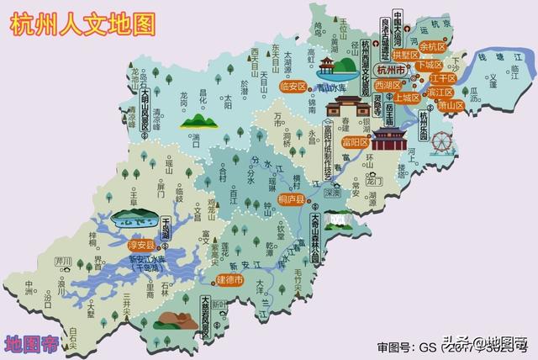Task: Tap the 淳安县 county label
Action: pos(140,245)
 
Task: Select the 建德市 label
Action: pos(229,279)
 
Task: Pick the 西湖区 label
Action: pos(389,86)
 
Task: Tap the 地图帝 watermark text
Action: pos(30,343)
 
